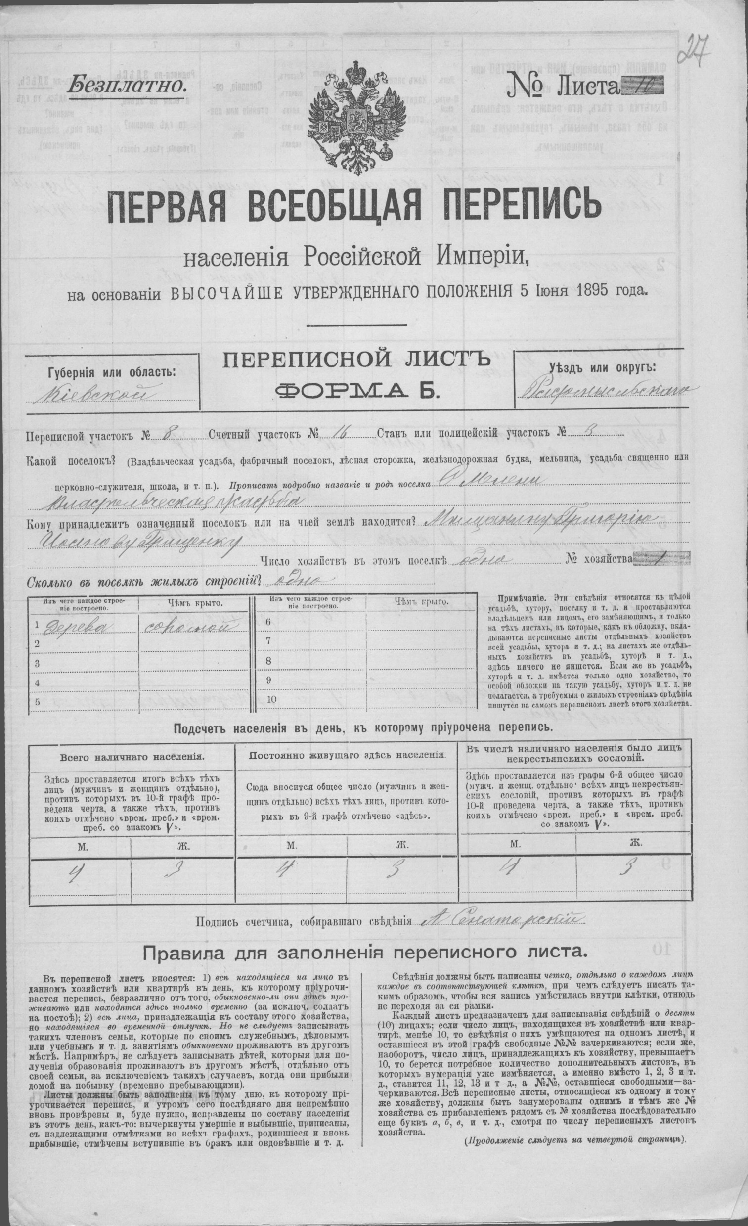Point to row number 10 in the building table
271,699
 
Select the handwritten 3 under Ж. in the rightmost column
628,868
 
